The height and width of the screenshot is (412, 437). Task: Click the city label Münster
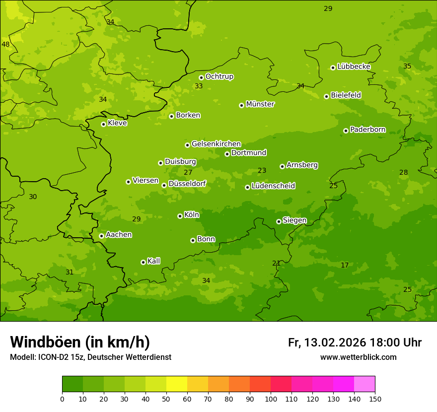click(x=260, y=104)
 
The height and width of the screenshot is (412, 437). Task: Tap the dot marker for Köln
click(x=180, y=216)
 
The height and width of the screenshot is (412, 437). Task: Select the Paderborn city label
click(x=367, y=130)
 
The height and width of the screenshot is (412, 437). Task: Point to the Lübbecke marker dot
click(x=333, y=68)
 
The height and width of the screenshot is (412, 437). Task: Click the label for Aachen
click(x=119, y=235)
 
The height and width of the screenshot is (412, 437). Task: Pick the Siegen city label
click(x=294, y=220)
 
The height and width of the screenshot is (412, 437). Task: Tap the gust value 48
click(x=5, y=44)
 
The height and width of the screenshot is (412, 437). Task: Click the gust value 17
click(x=345, y=265)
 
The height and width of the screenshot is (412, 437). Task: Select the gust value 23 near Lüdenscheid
click(x=262, y=170)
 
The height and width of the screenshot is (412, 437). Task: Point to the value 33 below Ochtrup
click(x=199, y=86)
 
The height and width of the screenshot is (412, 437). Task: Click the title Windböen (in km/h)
click(x=80, y=342)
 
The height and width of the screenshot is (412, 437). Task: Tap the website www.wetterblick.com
click(x=358, y=357)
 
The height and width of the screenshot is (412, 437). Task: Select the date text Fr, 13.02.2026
click(x=327, y=343)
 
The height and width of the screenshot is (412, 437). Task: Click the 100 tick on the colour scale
click(x=271, y=399)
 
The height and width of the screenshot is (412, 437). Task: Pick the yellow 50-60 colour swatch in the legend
click(x=177, y=384)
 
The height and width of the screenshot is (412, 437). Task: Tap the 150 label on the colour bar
click(x=375, y=399)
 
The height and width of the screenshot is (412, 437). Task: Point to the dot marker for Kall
click(x=143, y=262)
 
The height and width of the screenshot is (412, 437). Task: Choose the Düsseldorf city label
click(x=187, y=184)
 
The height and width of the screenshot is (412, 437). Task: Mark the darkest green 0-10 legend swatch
click(x=73, y=384)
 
